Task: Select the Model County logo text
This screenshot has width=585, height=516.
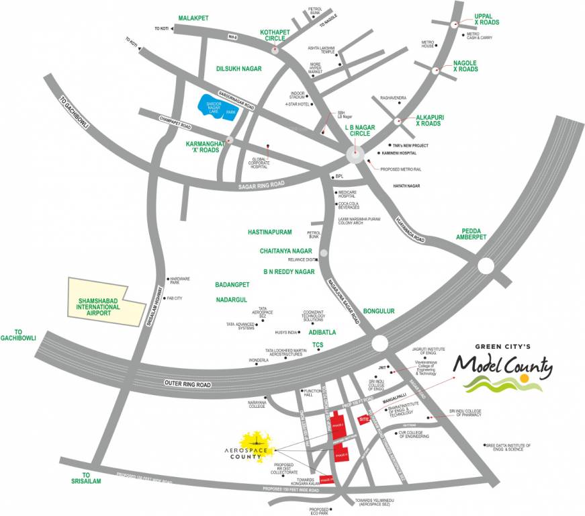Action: tap(503, 367)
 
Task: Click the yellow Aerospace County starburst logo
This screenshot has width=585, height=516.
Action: tap(255, 441)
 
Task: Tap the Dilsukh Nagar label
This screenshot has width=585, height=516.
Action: tap(238, 69)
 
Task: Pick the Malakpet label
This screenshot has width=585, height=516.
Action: tap(194, 17)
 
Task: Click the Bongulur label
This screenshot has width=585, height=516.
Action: tap(379, 312)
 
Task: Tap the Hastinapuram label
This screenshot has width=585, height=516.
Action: tap(269, 232)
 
